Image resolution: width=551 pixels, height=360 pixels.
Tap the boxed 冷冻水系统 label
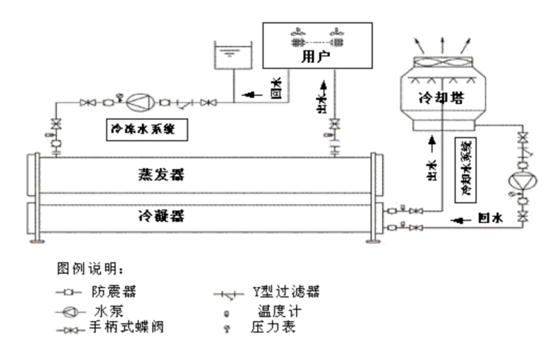tap(146, 129)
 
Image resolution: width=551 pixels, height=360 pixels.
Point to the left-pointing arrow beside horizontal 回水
tap(460, 220)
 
